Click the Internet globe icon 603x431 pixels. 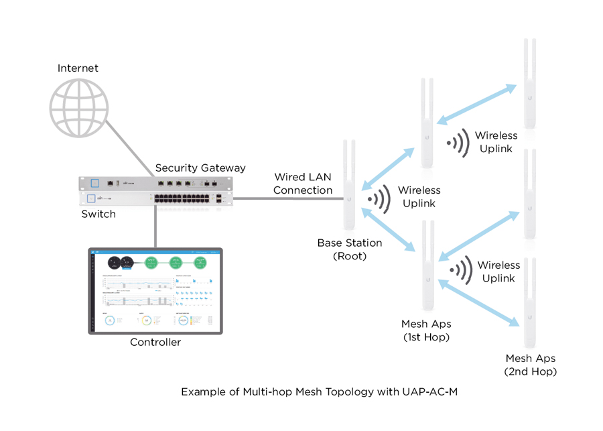coord(78,107)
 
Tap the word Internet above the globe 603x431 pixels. coord(78,68)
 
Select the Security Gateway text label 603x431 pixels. coord(200,168)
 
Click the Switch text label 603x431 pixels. coord(98,214)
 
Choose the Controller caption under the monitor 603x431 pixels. coord(155,343)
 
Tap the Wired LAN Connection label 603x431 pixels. coord(303,184)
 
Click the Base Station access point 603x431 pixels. coord(348,185)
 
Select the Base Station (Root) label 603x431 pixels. coord(350,249)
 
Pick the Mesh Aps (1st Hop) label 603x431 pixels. coord(425,330)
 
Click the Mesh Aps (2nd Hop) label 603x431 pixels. coord(530,365)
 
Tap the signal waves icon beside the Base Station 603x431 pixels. coord(379,198)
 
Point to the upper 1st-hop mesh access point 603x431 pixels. coord(425,124)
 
